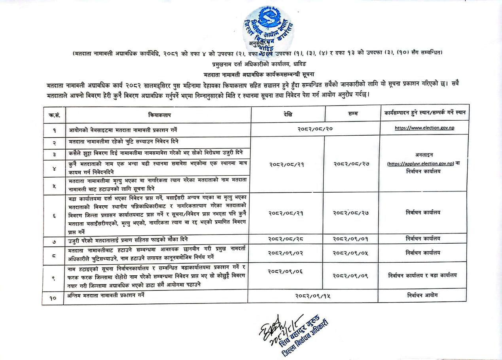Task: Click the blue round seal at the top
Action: click(x=267, y=28)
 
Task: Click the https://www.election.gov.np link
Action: click(x=424, y=128)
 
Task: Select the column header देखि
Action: click(x=288, y=114)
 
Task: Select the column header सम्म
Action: click(x=352, y=114)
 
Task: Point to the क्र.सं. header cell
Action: click(x=54, y=115)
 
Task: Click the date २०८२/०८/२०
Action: click(x=315, y=129)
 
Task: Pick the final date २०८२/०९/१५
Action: click(x=313, y=296)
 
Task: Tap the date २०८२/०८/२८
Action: click(x=286, y=239)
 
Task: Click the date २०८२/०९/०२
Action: click(x=286, y=253)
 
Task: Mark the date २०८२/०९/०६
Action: click(x=286, y=271)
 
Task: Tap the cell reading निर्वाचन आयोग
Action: click(x=422, y=295)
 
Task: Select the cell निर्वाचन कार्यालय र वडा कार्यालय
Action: click(x=422, y=275)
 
